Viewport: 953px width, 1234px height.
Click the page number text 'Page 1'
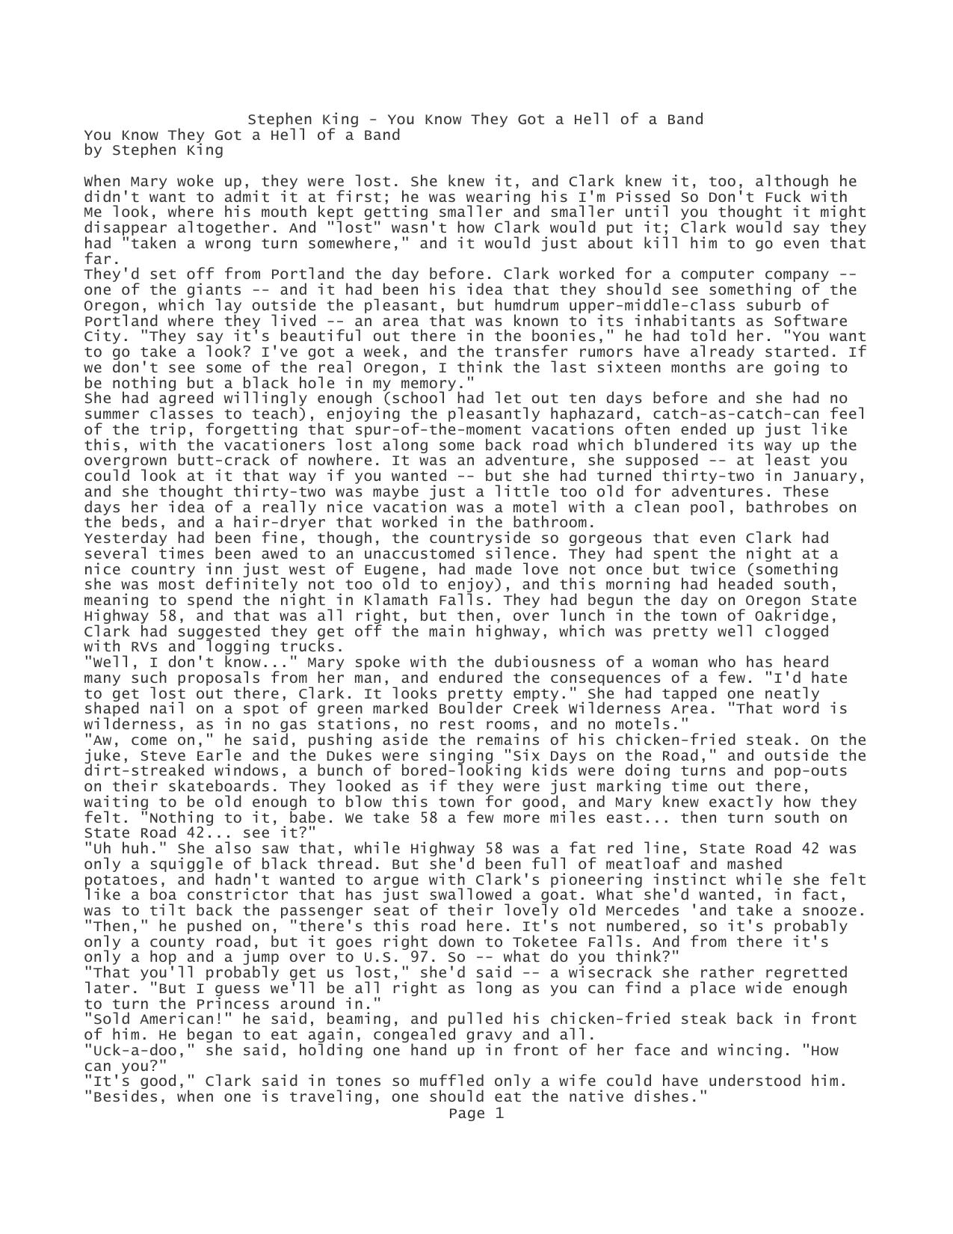(x=476, y=1113)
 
